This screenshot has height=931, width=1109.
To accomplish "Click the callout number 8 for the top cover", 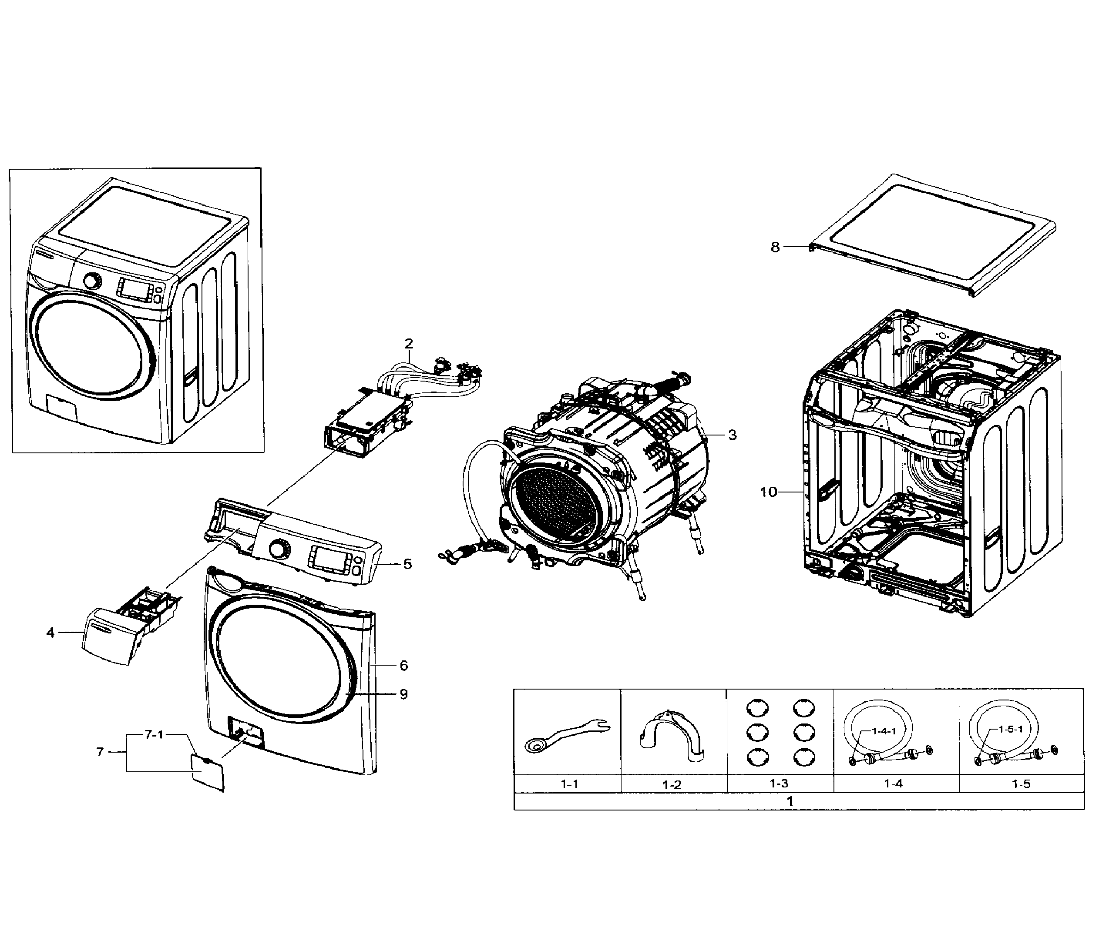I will click(x=775, y=247).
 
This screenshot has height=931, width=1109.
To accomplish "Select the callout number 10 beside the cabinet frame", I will click(x=768, y=492).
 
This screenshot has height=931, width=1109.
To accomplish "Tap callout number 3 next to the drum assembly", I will click(x=732, y=435).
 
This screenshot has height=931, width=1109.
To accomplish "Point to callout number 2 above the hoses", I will click(x=409, y=344).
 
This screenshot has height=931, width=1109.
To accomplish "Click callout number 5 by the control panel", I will click(x=407, y=564).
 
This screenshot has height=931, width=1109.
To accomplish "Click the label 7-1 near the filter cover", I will click(x=154, y=735).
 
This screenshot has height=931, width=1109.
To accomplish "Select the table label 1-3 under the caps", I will click(x=779, y=784).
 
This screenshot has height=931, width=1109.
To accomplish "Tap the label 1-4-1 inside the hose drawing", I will click(x=884, y=731).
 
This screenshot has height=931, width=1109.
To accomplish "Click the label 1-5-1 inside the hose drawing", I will click(x=1010, y=730).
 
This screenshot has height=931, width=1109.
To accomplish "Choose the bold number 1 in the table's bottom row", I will click(x=790, y=801).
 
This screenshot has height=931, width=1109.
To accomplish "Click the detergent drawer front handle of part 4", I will click(x=106, y=639).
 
